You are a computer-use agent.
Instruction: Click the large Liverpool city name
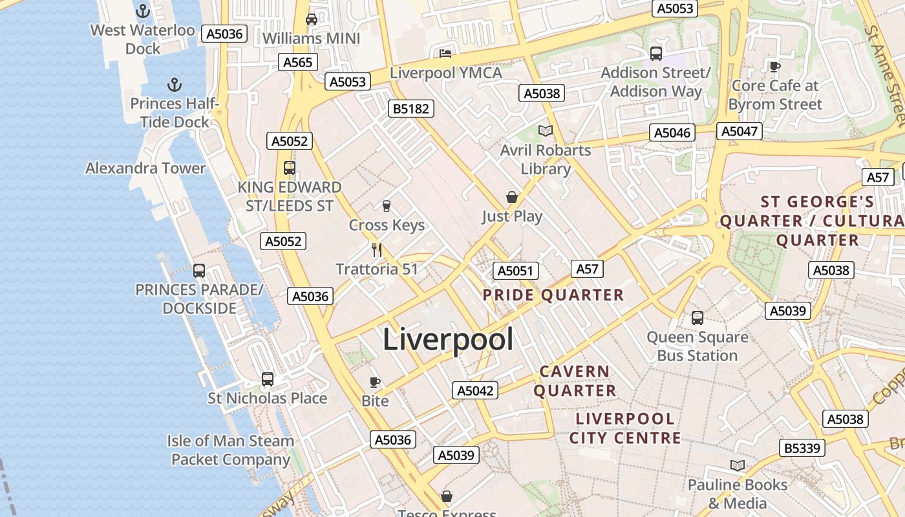click(x=448, y=339)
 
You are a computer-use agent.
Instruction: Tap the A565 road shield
click(x=298, y=62)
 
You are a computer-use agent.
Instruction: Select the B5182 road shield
click(x=411, y=109)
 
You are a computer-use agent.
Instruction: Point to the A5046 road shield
click(x=672, y=132)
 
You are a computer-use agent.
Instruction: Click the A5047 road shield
click(x=739, y=131)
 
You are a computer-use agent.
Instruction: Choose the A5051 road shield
click(x=515, y=270)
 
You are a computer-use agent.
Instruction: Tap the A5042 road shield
click(x=475, y=390)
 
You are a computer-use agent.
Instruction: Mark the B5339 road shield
click(x=802, y=448)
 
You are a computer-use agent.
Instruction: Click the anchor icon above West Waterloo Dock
click(x=142, y=11)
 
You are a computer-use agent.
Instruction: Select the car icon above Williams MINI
click(x=312, y=19)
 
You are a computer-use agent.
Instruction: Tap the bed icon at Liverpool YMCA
click(x=445, y=53)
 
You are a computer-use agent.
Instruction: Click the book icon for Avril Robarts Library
click(x=546, y=131)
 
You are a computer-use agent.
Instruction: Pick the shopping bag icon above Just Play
click(x=511, y=196)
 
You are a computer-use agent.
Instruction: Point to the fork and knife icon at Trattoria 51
click(x=377, y=249)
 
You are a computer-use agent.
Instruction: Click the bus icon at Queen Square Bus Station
click(x=697, y=317)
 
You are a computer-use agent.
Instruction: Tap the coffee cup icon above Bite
click(x=374, y=382)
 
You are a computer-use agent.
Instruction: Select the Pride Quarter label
click(x=553, y=295)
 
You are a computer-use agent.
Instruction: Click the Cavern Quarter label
click(x=575, y=381)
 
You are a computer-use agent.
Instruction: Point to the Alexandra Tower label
click(x=145, y=168)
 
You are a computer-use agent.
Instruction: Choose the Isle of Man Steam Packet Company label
click(x=231, y=450)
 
